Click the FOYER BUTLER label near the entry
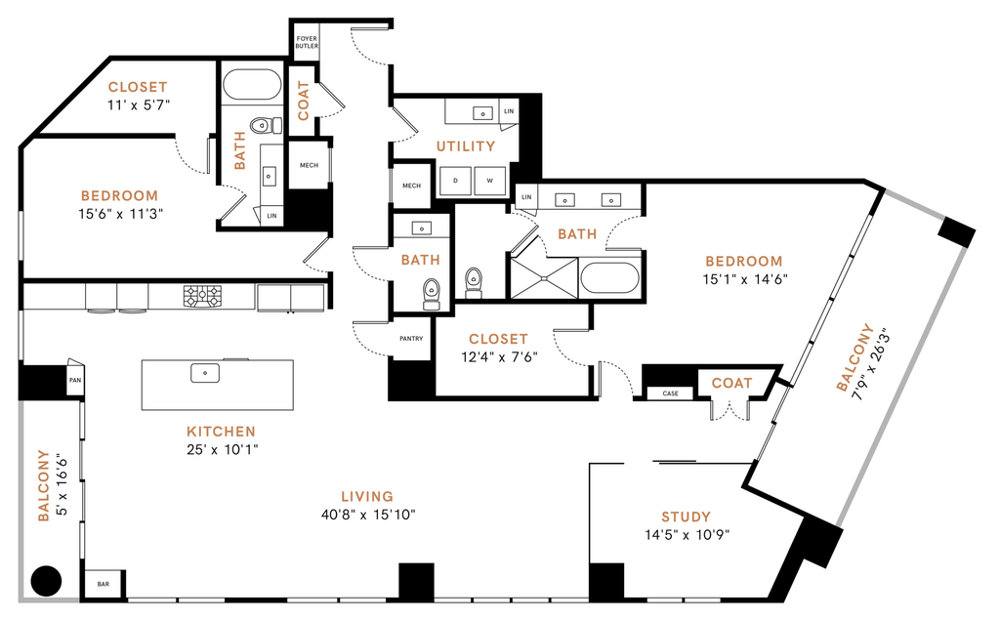click(307, 44)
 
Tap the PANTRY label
click(411, 339)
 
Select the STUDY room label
click(686, 517)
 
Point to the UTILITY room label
click(466, 146)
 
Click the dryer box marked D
click(456, 181)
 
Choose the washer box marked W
click(489, 181)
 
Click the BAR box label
click(104, 584)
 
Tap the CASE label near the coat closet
click(670, 393)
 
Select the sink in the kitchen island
click(205, 372)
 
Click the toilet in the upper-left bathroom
click(261, 125)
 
